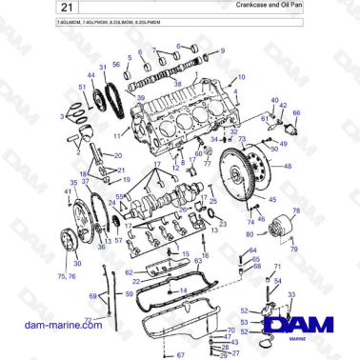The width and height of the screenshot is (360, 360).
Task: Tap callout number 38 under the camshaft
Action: [176, 84]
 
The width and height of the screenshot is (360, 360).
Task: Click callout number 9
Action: [222, 50]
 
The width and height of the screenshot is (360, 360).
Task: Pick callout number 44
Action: [241, 76]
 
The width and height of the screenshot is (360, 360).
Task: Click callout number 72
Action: [89, 320]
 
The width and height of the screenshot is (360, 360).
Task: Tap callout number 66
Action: [295, 114]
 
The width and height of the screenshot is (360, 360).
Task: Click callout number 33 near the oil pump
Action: [290, 294]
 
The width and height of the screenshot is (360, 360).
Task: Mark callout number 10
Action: [241, 76]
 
